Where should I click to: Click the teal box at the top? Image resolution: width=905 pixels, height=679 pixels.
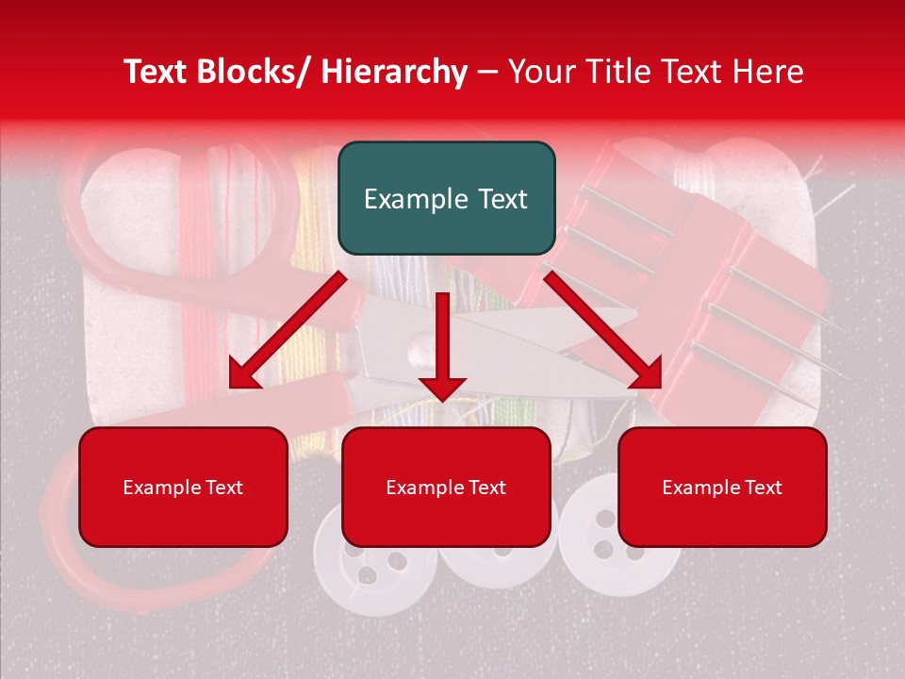(x=446, y=198)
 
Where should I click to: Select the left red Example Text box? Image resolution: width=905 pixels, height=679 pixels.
(x=183, y=487)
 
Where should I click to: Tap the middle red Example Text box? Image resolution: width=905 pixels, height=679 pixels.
(x=446, y=487)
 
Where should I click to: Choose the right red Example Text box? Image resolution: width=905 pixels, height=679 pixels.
(x=722, y=487)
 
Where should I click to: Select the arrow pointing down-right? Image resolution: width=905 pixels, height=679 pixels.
(x=604, y=330)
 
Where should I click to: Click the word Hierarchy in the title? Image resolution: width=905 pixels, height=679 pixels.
(x=394, y=72)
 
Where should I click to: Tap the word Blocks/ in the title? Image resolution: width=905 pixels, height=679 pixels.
(x=259, y=72)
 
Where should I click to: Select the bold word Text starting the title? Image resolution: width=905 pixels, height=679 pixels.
(x=158, y=72)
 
